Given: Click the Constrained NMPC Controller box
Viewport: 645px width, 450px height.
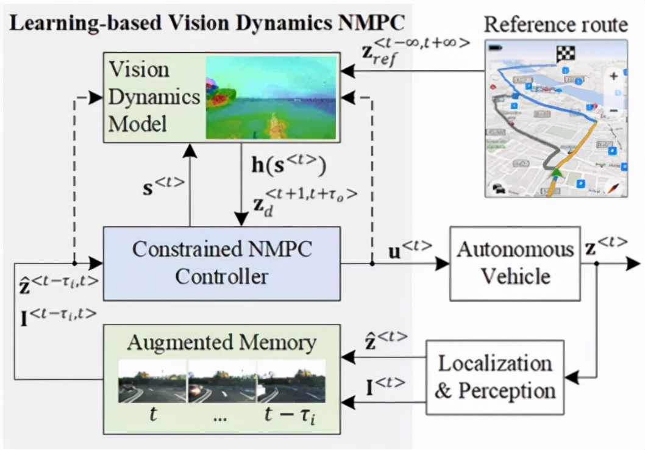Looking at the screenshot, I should [221, 263].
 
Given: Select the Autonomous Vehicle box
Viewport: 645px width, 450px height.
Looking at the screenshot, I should [515, 263].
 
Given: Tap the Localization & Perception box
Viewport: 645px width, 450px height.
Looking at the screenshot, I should [494, 377].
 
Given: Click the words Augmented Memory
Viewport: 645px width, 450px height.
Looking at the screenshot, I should [221, 342].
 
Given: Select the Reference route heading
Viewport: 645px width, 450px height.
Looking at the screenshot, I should [555, 24].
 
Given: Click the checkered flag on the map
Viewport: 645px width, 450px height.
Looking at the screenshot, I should [565, 54].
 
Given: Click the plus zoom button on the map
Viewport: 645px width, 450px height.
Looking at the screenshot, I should [613, 76].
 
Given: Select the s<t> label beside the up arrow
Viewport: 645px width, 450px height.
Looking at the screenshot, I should [163, 184].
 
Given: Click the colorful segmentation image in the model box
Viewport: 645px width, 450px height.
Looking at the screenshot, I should [271, 97].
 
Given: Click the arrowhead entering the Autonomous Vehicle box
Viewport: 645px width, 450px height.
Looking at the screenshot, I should [443, 263].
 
